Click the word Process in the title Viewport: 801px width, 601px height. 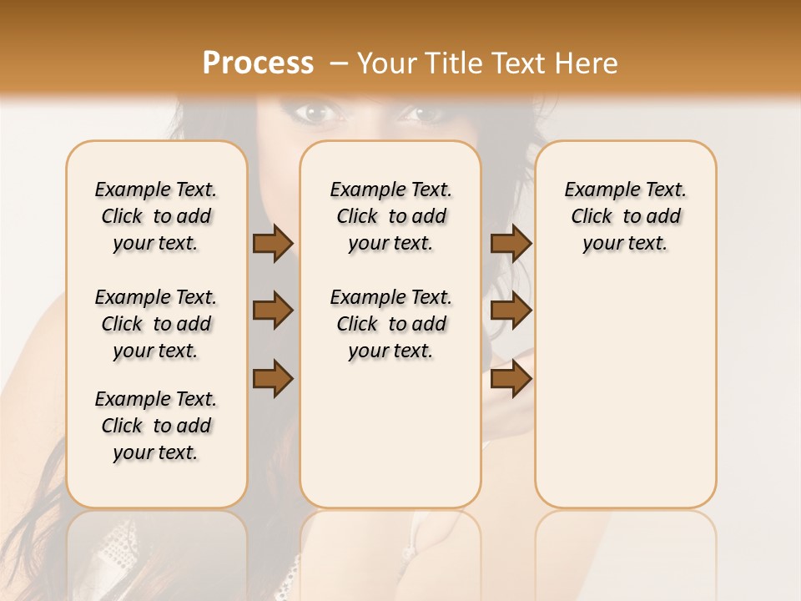pos(258,63)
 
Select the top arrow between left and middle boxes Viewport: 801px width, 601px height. pos(273,244)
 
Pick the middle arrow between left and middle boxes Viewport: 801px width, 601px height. pos(273,311)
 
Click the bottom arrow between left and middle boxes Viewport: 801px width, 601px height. pos(273,379)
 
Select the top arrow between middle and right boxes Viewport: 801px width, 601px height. pos(511,244)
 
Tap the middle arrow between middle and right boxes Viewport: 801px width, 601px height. pos(511,311)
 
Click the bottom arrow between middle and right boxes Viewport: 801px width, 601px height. pos(511,379)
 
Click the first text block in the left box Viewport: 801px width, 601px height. pos(156,216)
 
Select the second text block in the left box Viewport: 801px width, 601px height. pos(156,324)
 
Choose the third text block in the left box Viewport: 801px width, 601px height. pos(156,426)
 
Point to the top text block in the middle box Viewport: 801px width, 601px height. pos(390,216)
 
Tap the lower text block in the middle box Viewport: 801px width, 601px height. pos(390,324)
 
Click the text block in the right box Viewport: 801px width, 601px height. pos(625,216)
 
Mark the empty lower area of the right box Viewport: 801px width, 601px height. pos(625,392)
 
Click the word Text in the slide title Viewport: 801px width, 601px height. pos(516,63)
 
